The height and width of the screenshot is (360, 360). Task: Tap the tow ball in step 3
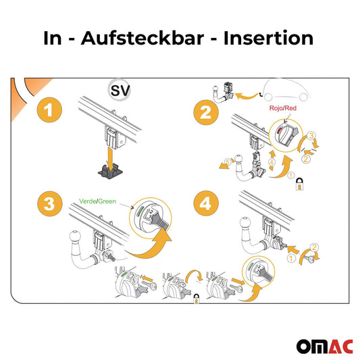(72, 238)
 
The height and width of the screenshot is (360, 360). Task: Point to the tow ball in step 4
(243, 230)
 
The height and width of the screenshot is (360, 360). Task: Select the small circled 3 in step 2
(311, 136)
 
